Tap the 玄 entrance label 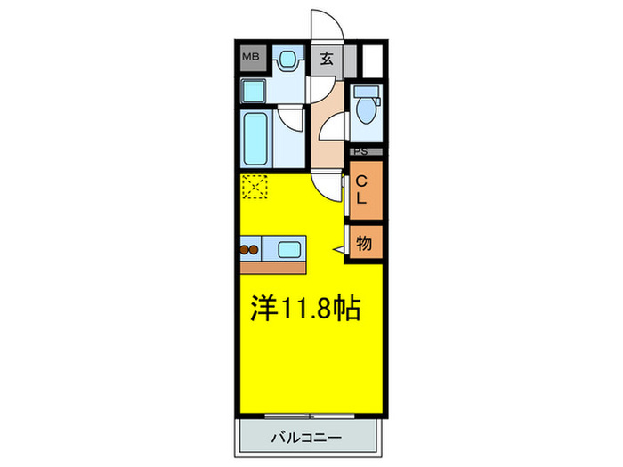click(x=327, y=60)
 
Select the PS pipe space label click(x=365, y=152)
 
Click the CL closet click(x=365, y=190)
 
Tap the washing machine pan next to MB click(x=286, y=61)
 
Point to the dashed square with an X click(x=255, y=187)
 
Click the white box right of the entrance click(x=372, y=60)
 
